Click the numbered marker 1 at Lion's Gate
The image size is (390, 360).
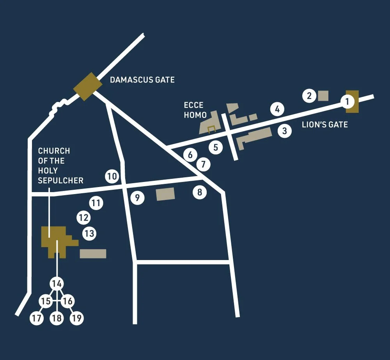[x=347, y=102]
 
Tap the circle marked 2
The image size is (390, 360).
[x=309, y=96]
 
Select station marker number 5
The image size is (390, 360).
[x=216, y=147]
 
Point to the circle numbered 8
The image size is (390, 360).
[x=200, y=192]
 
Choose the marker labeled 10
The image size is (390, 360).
[x=112, y=176]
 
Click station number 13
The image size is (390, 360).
[x=89, y=233]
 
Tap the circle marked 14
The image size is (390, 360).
[x=57, y=283]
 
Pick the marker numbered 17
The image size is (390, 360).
[x=37, y=318]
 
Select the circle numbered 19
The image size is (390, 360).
[x=77, y=318]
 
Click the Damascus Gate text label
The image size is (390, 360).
[x=142, y=80]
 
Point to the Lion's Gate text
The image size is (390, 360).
[x=324, y=125]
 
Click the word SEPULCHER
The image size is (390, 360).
[x=60, y=180]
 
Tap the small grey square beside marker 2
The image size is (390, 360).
[x=323, y=96]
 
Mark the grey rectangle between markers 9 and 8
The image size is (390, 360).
[x=165, y=194]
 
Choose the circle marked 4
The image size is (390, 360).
[x=277, y=109]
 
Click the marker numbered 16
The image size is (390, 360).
[x=67, y=301]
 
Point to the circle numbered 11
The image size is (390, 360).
[x=96, y=203]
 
